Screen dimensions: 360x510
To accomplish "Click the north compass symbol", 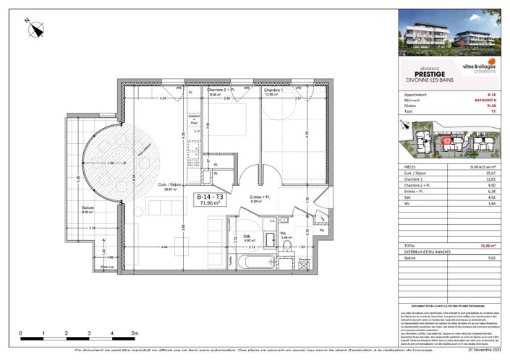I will [x=36, y=29].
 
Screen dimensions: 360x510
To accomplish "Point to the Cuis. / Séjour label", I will [x=171, y=186].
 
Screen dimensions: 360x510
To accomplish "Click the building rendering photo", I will [x=448, y=32].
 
